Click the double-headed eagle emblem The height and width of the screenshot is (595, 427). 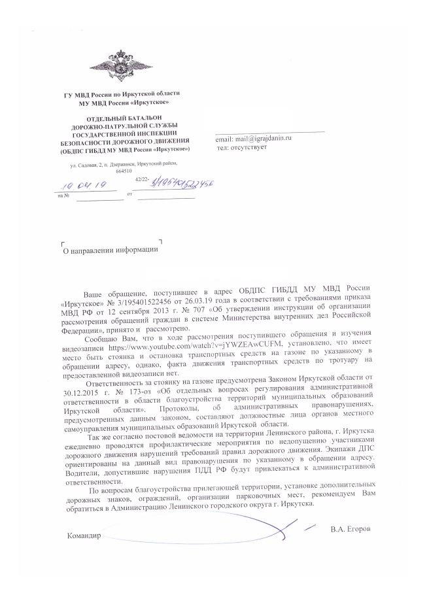120,67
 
